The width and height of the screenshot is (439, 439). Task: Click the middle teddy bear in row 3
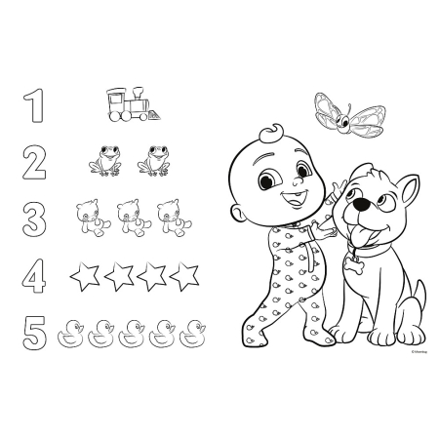131,218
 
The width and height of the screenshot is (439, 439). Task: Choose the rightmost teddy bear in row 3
174,218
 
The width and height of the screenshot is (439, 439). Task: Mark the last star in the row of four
183,277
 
